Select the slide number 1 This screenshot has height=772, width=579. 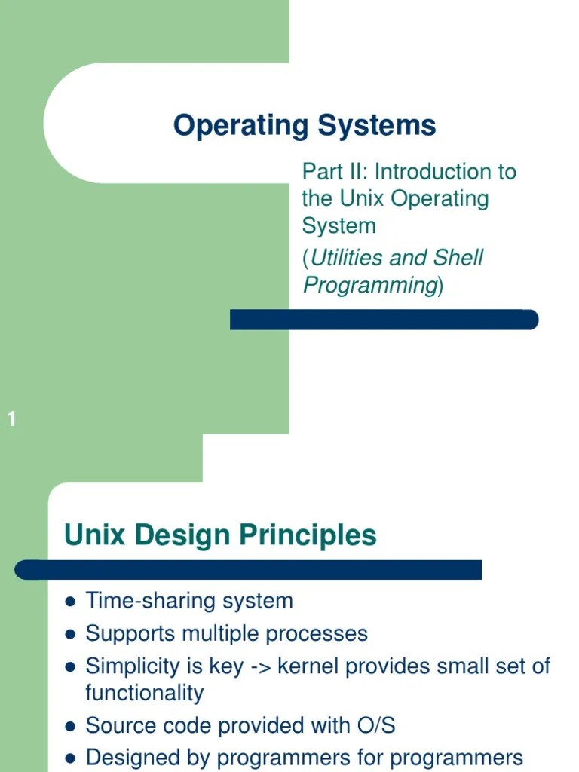coord(11,420)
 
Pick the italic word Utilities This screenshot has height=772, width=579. coord(348,258)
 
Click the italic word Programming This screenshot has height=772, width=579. coord(370,285)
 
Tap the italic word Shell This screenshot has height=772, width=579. coord(458,258)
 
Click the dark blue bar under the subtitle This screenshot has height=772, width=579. coord(384,320)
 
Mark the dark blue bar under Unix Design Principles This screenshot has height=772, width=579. coord(249,570)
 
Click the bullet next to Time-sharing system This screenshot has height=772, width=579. coord(71,602)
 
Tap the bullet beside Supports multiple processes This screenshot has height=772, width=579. coord(71,634)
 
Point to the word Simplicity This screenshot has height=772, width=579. coord(129,666)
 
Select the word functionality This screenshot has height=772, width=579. coord(145,693)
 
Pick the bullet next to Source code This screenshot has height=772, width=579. coord(71,727)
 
